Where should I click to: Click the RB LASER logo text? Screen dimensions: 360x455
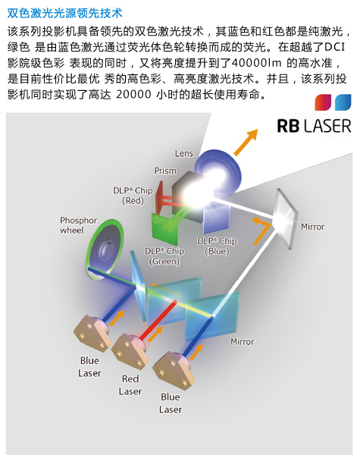(x=314, y=126)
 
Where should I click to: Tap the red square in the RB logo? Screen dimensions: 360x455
(x=323, y=102)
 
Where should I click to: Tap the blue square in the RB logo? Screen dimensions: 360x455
(x=343, y=102)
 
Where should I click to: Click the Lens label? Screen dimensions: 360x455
(x=184, y=153)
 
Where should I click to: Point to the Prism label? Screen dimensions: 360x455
(x=165, y=171)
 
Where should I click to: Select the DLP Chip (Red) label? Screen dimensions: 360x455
(x=133, y=196)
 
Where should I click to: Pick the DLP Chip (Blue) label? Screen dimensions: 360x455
(x=217, y=246)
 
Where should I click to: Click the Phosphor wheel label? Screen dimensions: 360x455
(x=78, y=225)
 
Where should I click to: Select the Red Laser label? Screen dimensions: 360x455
(x=130, y=385)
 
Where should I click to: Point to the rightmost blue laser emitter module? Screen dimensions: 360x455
(x=174, y=370)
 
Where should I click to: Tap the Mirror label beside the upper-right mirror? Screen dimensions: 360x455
(x=313, y=227)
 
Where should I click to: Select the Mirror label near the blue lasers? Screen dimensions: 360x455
(x=243, y=342)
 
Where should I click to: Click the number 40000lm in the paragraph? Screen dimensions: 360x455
(x=257, y=63)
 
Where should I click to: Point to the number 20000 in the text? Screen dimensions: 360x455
(x=133, y=95)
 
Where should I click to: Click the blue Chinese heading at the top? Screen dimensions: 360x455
(x=65, y=13)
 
